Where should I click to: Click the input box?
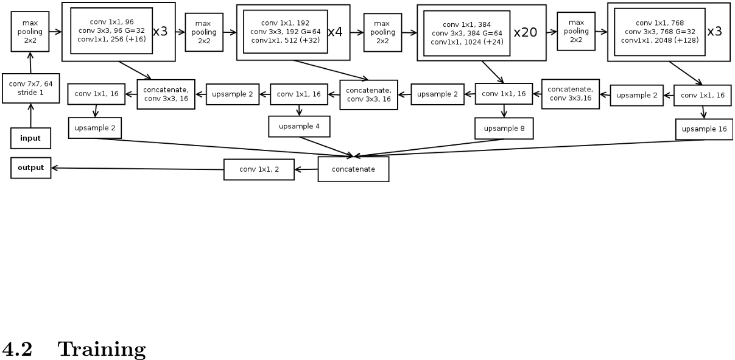[x=30, y=138]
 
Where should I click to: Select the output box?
[x=30, y=168]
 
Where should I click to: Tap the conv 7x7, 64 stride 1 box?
[x=30, y=88]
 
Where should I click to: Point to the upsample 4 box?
[x=298, y=127]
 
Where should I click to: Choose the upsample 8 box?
[x=504, y=129]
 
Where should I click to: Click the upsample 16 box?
[x=704, y=129]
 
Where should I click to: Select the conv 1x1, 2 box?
[x=259, y=169]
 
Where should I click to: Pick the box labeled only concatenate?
[x=353, y=169]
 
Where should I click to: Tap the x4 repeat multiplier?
[x=335, y=32]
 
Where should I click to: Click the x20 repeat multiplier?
[x=525, y=33]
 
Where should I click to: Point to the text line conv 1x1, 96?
[x=111, y=22]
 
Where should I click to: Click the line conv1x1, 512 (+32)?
[x=285, y=40]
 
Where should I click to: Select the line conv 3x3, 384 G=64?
[x=466, y=33]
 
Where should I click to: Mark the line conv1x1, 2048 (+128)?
[x=659, y=40]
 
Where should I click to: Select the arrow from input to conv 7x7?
[x=30, y=116]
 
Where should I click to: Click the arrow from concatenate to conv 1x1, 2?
[x=306, y=169]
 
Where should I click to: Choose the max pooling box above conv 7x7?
[x=30, y=32]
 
